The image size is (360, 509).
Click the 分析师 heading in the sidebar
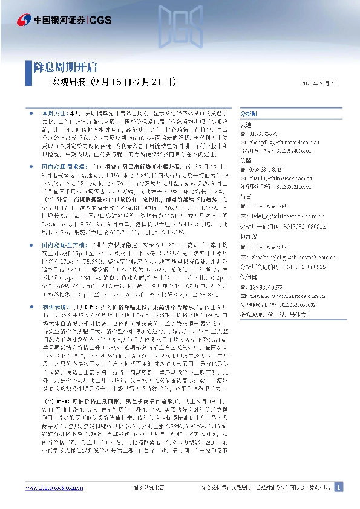[x=249, y=113]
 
